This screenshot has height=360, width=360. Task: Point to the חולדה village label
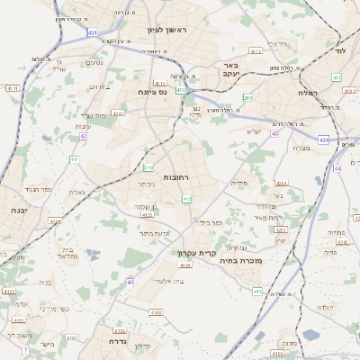325,307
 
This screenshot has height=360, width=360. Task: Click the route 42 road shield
82,136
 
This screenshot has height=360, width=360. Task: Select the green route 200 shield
247,97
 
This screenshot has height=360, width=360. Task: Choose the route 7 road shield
26,349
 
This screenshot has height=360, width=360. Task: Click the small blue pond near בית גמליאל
93,255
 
